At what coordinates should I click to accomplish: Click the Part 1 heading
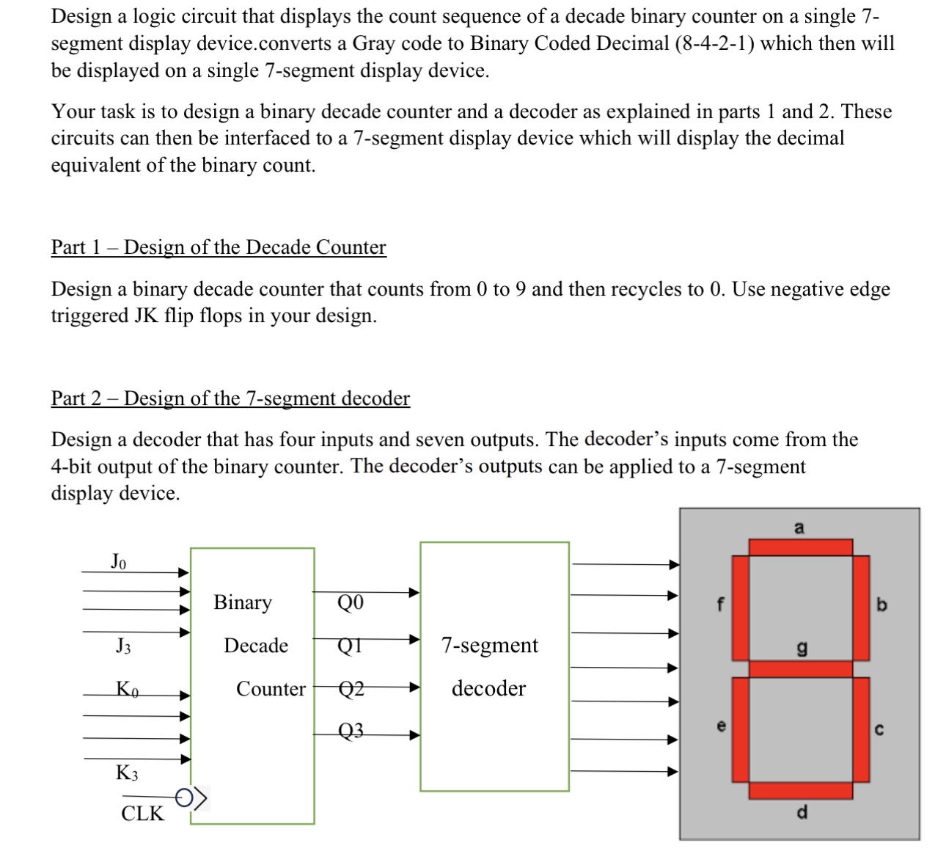(x=218, y=247)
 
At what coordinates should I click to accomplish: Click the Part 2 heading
(x=230, y=398)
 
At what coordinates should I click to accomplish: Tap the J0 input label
(x=119, y=562)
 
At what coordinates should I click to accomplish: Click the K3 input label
(x=127, y=773)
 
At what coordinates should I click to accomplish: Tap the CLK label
(x=143, y=813)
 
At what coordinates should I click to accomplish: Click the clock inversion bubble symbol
(x=184, y=795)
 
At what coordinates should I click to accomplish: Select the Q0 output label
(x=351, y=603)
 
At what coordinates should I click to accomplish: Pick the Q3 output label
(x=351, y=731)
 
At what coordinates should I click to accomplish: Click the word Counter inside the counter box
(x=271, y=689)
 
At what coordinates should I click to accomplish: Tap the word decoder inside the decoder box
(x=488, y=688)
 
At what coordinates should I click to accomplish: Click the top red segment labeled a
(x=800, y=547)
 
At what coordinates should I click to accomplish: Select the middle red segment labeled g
(x=800, y=668)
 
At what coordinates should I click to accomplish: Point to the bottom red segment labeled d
(x=800, y=790)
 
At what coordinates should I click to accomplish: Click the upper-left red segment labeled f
(x=741, y=607)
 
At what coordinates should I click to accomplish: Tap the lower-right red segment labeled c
(x=861, y=729)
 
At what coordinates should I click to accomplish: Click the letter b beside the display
(x=881, y=605)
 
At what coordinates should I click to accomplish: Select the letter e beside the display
(x=721, y=726)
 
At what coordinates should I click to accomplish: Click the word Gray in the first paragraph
(x=375, y=43)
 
